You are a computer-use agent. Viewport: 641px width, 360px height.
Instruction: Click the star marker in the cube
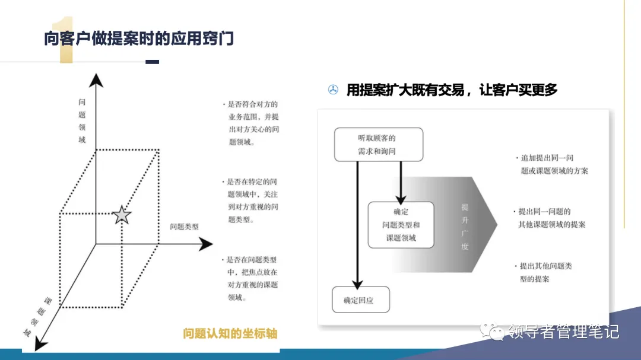pos(122,215)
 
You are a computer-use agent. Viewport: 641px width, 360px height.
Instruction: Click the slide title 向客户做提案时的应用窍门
pos(139,38)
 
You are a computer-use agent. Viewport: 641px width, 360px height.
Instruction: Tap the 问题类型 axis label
pos(184,227)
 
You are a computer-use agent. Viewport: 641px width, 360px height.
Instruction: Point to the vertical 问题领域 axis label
pos(82,121)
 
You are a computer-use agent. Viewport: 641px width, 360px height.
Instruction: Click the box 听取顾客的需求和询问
pos(378,144)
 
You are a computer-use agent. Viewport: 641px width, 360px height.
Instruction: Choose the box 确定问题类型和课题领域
pos(401,225)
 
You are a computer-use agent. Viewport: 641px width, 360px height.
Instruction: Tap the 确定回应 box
pos(361,300)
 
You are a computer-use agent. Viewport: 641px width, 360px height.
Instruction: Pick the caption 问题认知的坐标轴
pos(230,334)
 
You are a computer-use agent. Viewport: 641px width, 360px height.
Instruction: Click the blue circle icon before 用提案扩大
pos(334,90)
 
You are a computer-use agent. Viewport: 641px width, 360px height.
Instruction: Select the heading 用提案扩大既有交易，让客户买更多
pos(452,90)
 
